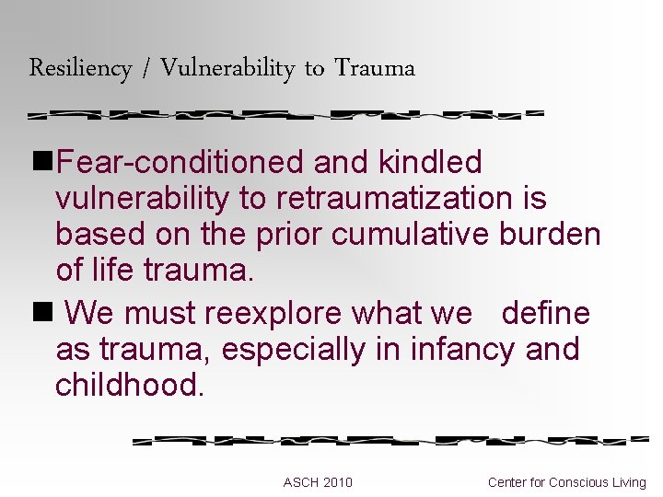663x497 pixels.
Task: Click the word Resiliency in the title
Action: click(x=80, y=68)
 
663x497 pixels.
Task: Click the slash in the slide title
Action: click(x=146, y=68)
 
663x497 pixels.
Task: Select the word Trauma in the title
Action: click(x=375, y=68)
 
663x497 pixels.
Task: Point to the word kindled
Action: click(x=430, y=163)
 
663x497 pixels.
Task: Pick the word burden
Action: click(x=550, y=235)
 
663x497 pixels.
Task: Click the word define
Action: click(x=545, y=314)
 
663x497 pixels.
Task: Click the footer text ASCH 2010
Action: click(x=318, y=482)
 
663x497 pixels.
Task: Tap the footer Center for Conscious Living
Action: click(x=567, y=482)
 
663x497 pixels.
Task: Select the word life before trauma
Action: click(x=113, y=272)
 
